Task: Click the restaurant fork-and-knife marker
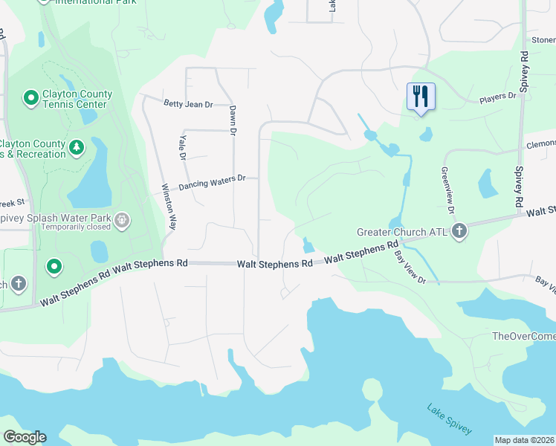[421, 96]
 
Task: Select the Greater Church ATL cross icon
[459, 231]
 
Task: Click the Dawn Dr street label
[233, 120]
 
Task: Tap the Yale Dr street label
[181, 145]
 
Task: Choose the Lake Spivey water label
[448, 419]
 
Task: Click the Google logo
[25, 437]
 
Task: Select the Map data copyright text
[524, 439]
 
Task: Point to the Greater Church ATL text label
[401, 232]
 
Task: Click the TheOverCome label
[524, 336]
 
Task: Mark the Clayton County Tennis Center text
[78, 99]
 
